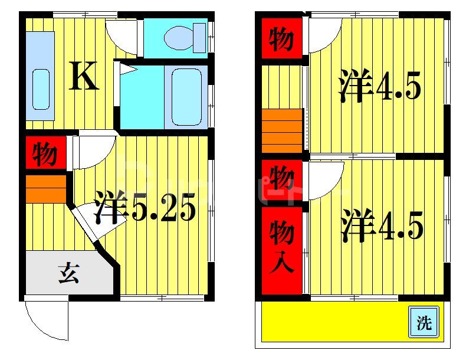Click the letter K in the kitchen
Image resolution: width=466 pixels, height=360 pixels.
point(84,76)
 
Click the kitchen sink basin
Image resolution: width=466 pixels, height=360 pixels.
point(41,89)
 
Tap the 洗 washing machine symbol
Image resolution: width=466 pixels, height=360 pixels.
point(424,322)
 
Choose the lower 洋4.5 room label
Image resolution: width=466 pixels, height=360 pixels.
point(382,226)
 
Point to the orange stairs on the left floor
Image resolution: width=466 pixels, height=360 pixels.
point(45,188)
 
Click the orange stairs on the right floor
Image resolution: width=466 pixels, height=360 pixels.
point(282,130)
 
